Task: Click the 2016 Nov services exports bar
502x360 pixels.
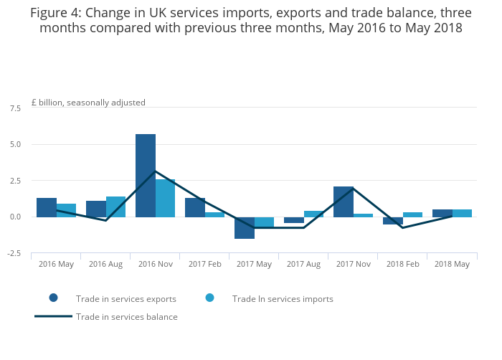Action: pyautogui.click(x=146, y=176)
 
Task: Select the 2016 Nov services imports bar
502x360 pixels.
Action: pyautogui.click(x=166, y=198)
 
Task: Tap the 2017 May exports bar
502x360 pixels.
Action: pyautogui.click(x=245, y=227)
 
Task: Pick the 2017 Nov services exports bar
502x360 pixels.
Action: pyautogui.click(x=344, y=202)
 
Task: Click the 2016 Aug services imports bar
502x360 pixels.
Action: pyautogui.click(x=116, y=207)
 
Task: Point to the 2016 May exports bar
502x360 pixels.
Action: pyautogui.click(x=47, y=207)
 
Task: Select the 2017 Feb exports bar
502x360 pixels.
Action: pyautogui.click(x=195, y=207)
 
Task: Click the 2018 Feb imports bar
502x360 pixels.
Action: pyautogui.click(x=413, y=214)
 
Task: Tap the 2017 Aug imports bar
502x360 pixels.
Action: pyautogui.click(x=313, y=214)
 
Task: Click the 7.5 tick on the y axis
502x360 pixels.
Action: pyautogui.click(x=15, y=108)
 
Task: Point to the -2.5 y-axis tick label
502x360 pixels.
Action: pyautogui.click(x=14, y=253)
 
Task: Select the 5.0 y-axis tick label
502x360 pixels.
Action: pyautogui.click(x=15, y=144)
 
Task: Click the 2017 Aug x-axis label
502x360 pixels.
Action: pyautogui.click(x=303, y=265)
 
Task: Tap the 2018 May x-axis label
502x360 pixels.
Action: pyautogui.click(x=452, y=265)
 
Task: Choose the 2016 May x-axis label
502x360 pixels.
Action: pyautogui.click(x=56, y=265)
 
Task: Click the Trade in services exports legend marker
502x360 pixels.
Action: pyautogui.click(x=53, y=298)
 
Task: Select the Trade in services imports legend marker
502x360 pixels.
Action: pyautogui.click(x=210, y=298)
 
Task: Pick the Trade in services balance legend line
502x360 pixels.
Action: pyautogui.click(x=53, y=316)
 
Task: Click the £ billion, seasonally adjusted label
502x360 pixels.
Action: pyautogui.click(x=88, y=103)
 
